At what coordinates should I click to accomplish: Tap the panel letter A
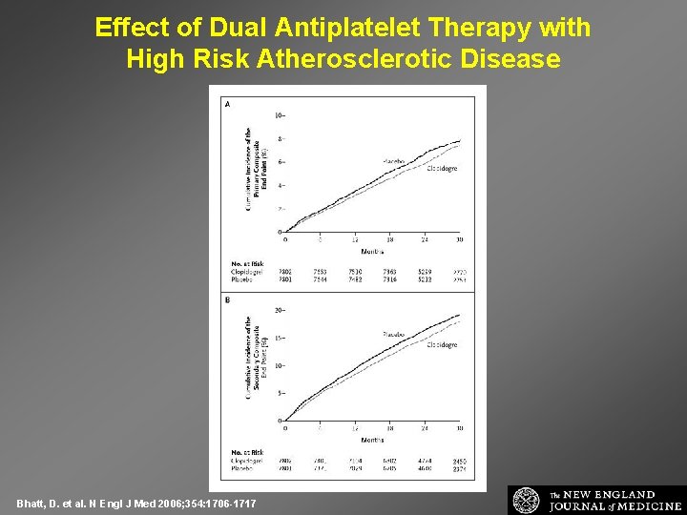pos(227,104)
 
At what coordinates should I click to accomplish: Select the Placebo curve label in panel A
pos(394,162)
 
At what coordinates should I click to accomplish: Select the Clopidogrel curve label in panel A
pos(440,169)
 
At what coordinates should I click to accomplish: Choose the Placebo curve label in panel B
pos(394,335)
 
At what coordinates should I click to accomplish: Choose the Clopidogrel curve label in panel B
pos(440,345)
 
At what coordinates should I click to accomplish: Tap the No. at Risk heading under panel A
pos(247,263)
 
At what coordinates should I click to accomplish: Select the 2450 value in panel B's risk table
pos(459,461)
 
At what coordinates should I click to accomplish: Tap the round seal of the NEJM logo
pos(526,501)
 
